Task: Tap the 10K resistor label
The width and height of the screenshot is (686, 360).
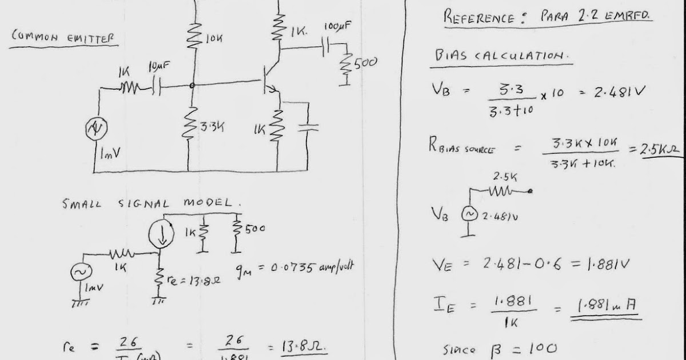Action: pos(213,39)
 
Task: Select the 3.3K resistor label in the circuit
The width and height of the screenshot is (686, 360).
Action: pos(211,126)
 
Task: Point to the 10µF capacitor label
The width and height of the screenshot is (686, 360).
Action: pos(158,66)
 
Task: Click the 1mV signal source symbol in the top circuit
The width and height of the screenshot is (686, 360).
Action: pos(95,130)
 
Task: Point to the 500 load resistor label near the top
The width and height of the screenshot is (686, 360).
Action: pos(365,63)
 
